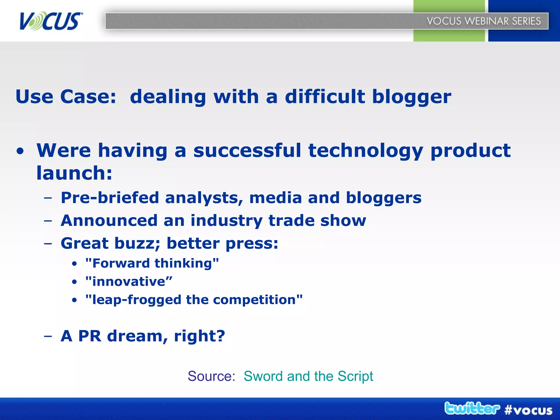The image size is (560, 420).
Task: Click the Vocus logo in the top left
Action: (x=51, y=21)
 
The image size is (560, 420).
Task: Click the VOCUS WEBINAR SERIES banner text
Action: (x=484, y=21)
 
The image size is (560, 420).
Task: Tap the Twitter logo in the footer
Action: (x=472, y=409)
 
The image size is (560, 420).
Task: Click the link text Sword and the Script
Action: (x=308, y=376)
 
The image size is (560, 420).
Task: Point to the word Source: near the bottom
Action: (x=211, y=376)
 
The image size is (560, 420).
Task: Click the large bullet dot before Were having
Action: (x=20, y=151)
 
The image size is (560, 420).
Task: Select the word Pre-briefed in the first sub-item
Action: (x=110, y=198)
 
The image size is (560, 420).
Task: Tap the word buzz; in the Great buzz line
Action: (x=137, y=243)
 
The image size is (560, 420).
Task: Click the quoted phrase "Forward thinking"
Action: (x=152, y=263)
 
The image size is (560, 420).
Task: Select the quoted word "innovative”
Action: (x=129, y=282)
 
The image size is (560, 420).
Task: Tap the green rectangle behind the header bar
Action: (x=449, y=36)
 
